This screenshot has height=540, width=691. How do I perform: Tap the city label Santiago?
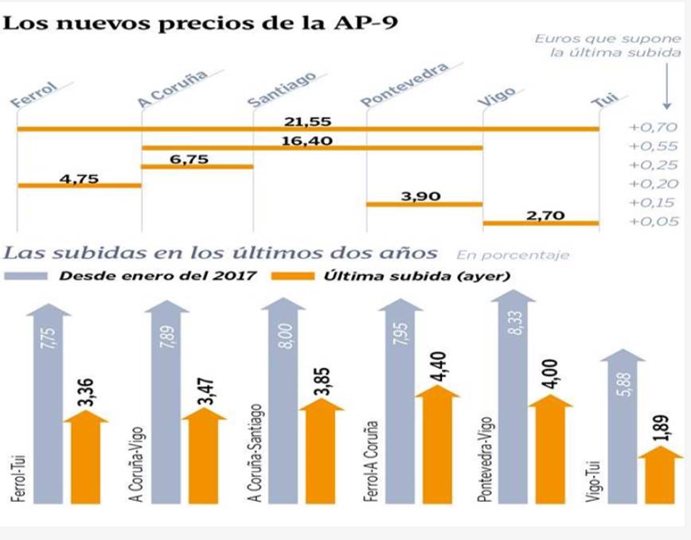click(x=283, y=88)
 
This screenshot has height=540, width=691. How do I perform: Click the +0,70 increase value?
click(x=652, y=127)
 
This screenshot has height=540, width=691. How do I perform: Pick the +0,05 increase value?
click(x=652, y=222)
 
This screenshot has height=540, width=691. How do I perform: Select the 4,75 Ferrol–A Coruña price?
click(x=79, y=179)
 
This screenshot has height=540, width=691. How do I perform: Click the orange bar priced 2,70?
click(x=541, y=223)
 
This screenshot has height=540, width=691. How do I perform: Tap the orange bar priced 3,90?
click(x=424, y=204)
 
